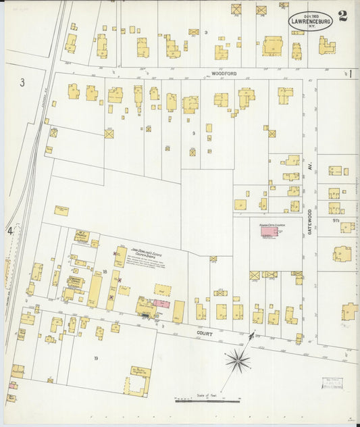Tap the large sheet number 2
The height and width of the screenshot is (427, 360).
coord(343,17)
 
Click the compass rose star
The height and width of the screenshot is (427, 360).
coord(237,361)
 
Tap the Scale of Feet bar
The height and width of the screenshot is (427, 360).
coord(207,401)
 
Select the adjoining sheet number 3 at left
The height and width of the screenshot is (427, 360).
coord(22,83)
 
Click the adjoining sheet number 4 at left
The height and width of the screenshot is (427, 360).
coord(10,231)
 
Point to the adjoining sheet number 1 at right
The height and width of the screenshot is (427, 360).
coord(351,74)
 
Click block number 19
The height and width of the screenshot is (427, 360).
coord(96,357)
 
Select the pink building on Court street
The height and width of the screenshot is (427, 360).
coord(161,304)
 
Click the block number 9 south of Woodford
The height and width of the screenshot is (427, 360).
coord(193,133)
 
